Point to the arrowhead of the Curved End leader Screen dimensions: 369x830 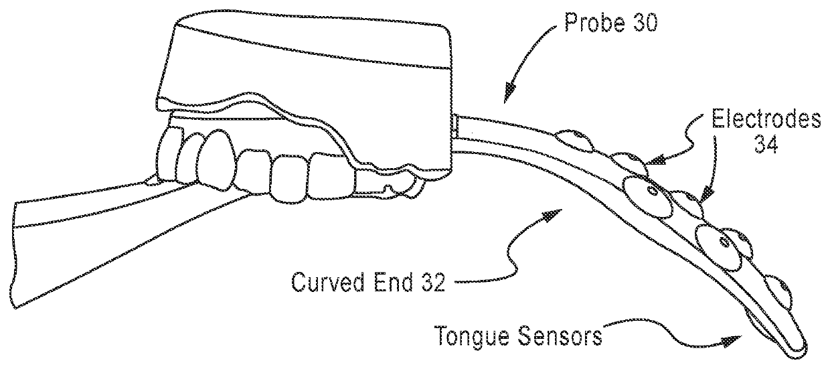(550, 216)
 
